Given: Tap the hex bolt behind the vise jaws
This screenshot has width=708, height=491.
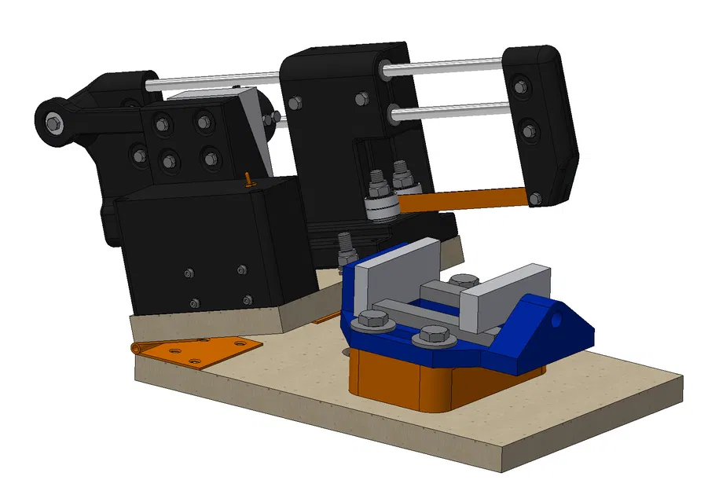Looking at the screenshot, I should [465, 281].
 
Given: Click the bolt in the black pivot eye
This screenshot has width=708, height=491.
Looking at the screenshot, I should [53, 122].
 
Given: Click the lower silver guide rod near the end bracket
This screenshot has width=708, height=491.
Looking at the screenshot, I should [448, 111].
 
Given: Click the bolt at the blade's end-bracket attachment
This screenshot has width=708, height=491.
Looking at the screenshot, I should [534, 200].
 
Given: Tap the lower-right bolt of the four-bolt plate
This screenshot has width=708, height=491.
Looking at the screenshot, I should [209, 159].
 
